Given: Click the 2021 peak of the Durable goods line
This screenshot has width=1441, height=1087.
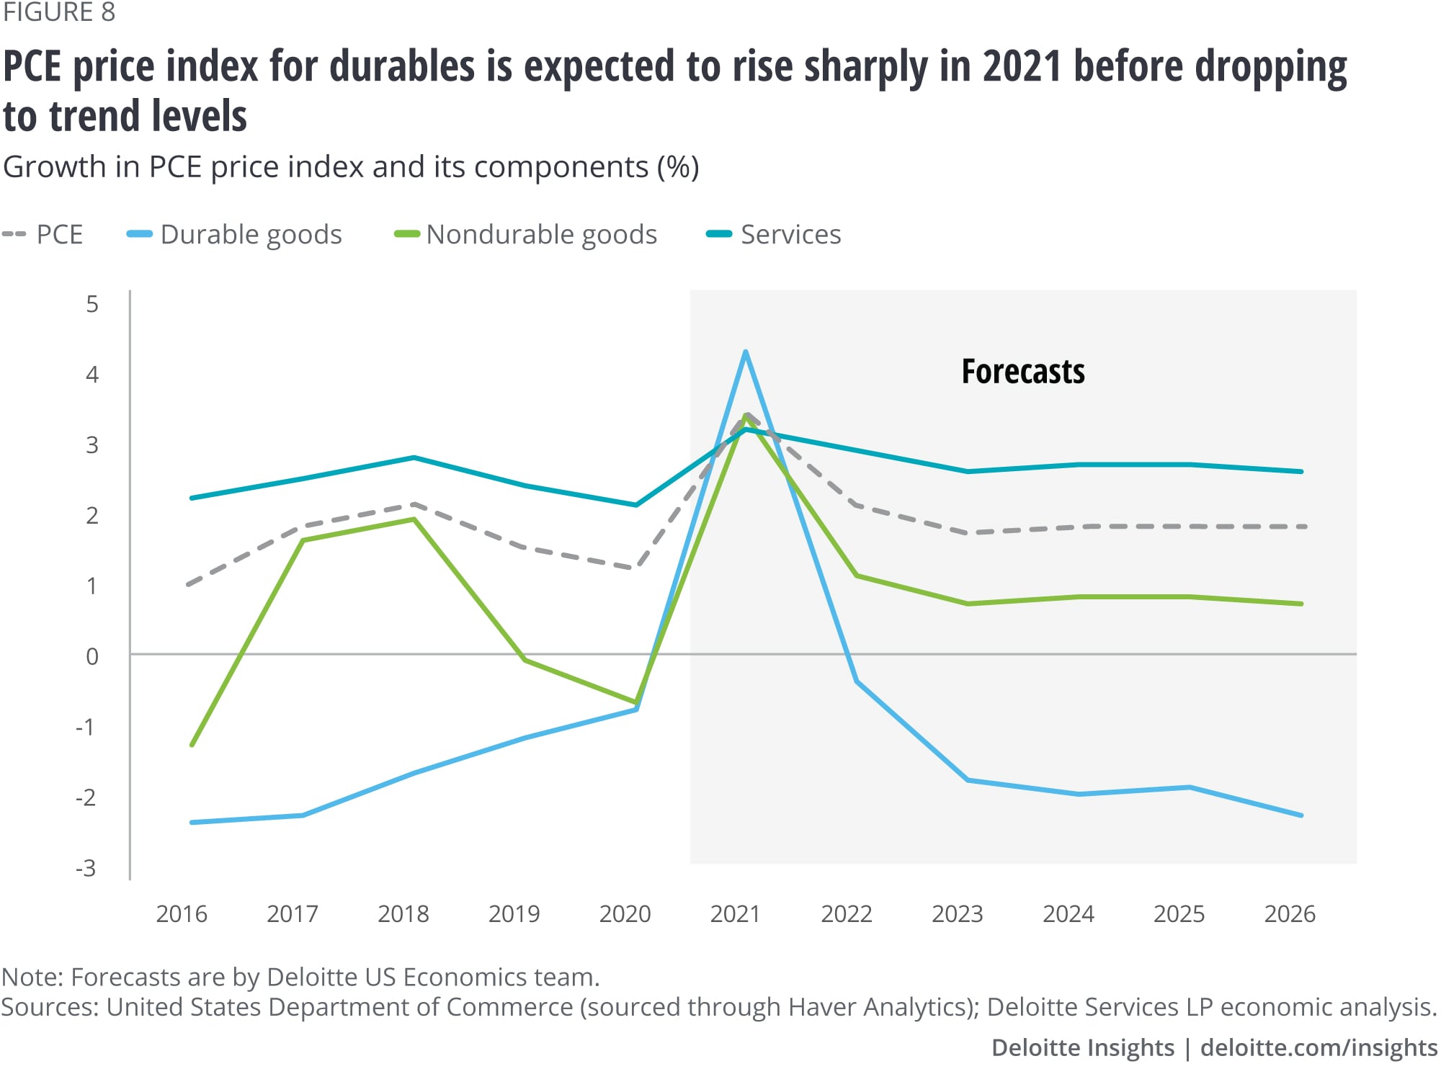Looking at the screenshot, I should point(746,352).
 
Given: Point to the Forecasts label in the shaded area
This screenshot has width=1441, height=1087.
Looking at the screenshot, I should point(1022,372).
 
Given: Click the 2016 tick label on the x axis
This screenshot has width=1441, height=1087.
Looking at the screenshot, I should point(182,914).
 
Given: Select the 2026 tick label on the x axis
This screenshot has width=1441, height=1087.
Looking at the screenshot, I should point(1290,914).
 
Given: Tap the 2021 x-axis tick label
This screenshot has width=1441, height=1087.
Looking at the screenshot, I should point(735,914).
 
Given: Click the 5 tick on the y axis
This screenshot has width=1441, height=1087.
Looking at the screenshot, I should point(92,304).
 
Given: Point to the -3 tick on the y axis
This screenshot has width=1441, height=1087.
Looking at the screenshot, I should point(86,869).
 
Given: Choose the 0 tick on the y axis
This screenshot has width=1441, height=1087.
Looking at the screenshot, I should point(92,656).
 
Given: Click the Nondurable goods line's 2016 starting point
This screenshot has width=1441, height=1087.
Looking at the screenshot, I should point(192,745).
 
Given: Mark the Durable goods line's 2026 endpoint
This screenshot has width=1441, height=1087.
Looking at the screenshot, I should point(1301,815).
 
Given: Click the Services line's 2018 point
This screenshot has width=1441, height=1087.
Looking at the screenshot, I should point(414,457).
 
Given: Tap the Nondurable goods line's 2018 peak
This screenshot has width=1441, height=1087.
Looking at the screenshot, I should point(414,519).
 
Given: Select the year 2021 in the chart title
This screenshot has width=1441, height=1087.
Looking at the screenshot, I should point(1022,66).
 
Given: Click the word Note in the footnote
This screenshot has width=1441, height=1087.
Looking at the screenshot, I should point(32,977).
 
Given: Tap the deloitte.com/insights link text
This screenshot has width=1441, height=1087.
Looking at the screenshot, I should point(1319,1047).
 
